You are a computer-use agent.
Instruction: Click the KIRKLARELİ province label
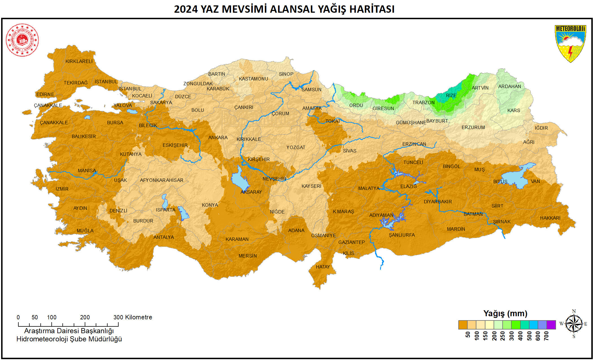(x=79, y=61)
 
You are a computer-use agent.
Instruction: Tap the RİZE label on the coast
(x=451, y=95)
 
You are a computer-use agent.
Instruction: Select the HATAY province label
(x=322, y=267)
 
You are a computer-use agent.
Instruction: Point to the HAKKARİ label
(x=550, y=218)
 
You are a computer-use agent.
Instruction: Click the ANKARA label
(x=218, y=138)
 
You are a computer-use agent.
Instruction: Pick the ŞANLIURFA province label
(x=402, y=235)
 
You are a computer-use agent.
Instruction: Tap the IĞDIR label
(x=541, y=128)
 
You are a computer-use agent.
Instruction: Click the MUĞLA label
(x=85, y=231)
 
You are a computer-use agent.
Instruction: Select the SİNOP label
(x=286, y=74)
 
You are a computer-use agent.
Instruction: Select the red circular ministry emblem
(x=22, y=40)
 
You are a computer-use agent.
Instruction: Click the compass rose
(x=574, y=324)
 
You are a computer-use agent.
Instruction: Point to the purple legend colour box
(x=551, y=325)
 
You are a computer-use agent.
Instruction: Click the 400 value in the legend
(x=521, y=336)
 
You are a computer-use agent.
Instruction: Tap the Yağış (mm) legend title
(x=505, y=313)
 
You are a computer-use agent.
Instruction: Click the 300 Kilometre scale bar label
(x=133, y=317)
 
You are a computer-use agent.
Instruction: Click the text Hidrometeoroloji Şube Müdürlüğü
(x=69, y=339)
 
